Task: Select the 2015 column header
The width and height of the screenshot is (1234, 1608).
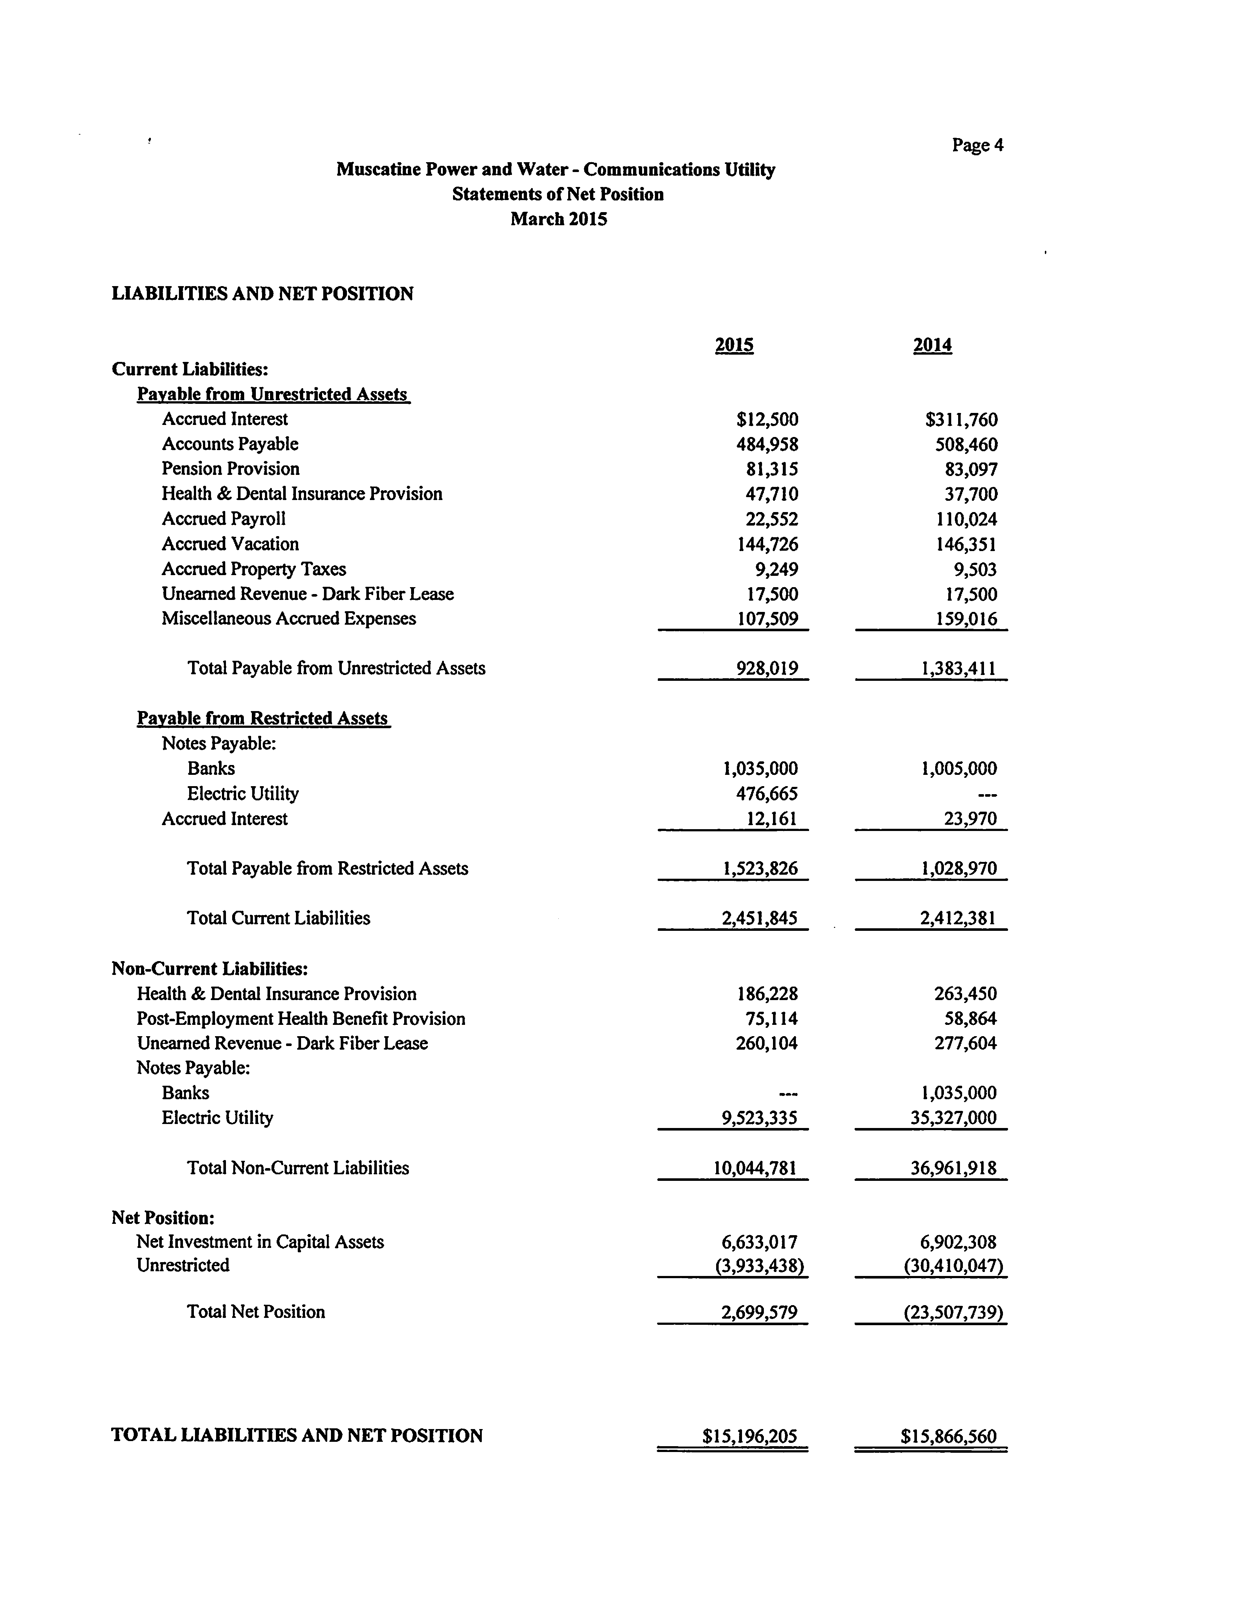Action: [734, 345]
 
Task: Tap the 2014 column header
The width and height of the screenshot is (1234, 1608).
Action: [932, 345]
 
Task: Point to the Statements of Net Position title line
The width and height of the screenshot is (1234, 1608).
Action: [558, 194]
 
